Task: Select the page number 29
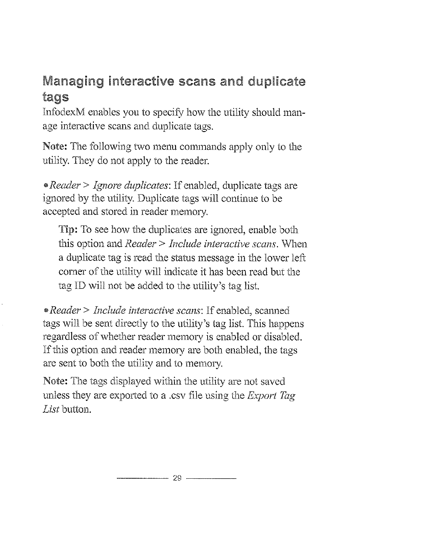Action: tap(177, 479)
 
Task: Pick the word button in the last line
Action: tap(80, 410)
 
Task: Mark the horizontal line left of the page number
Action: tap(142, 479)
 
